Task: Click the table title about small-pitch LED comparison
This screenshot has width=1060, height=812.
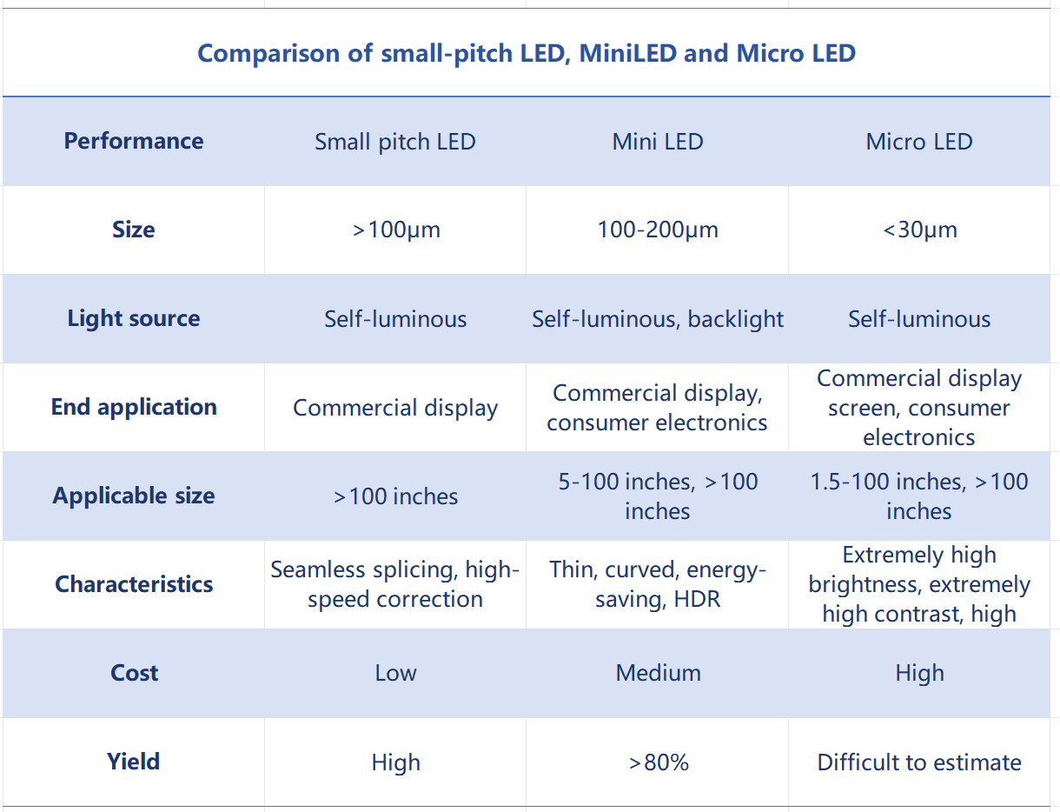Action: [x=527, y=53]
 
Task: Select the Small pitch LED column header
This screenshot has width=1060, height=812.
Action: [x=395, y=142]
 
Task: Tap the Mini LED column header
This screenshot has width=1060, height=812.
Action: [x=658, y=142]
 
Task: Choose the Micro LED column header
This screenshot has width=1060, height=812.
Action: [x=919, y=142]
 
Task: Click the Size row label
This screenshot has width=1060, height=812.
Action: [x=134, y=230]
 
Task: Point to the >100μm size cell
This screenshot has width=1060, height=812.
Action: [x=396, y=230]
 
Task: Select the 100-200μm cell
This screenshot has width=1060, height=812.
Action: [x=658, y=230]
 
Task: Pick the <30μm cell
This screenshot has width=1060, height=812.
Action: [x=920, y=230]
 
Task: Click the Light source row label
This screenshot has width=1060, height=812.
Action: [x=134, y=319]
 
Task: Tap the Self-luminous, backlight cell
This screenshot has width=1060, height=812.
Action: [x=658, y=319]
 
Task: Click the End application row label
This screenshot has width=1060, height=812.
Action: [x=134, y=407]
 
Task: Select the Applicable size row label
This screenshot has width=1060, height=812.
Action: [x=134, y=496]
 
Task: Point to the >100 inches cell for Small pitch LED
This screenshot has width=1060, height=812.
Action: [x=395, y=496]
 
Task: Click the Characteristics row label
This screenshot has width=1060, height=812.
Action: [x=134, y=584]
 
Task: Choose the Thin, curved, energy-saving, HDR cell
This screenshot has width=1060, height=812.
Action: [x=658, y=584]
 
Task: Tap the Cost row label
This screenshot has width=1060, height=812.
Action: [x=134, y=673]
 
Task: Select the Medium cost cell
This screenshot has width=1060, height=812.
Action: [x=658, y=673]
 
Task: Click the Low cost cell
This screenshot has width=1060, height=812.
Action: [x=395, y=673]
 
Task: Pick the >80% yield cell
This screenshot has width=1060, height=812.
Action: [x=659, y=762]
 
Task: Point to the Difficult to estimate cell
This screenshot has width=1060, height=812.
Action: [x=919, y=762]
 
